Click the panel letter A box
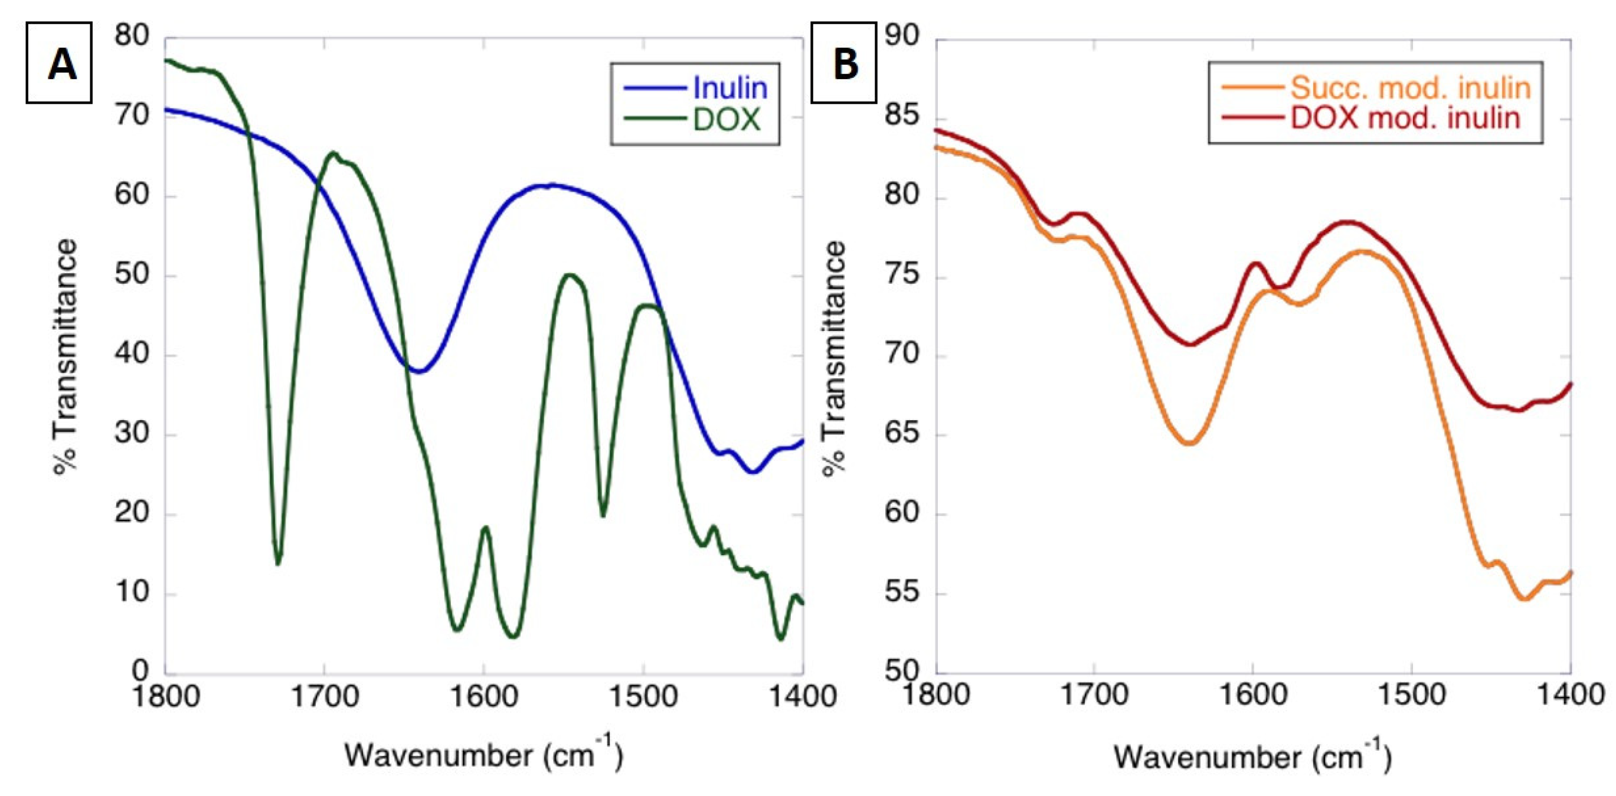tap(59, 63)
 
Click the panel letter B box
tap(844, 63)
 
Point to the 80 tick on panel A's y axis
tap(131, 36)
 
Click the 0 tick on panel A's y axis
tap(139, 671)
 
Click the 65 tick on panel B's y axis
tap(901, 434)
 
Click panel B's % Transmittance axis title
tap(835, 358)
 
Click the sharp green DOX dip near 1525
tap(603, 515)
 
